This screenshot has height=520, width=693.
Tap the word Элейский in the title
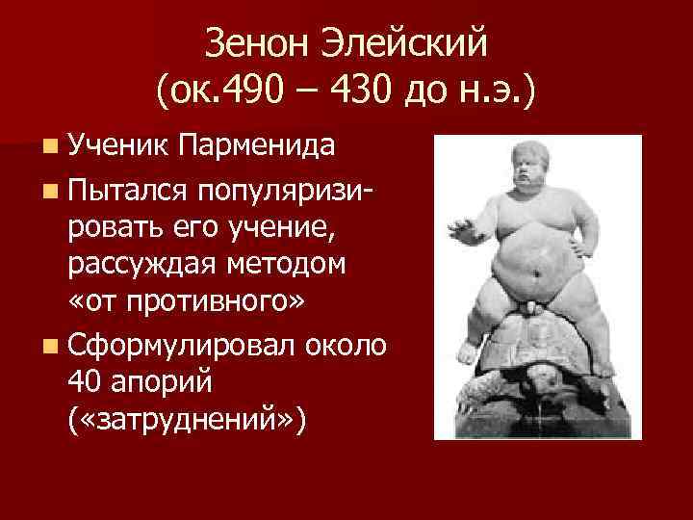[x=414, y=42]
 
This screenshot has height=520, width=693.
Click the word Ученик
[x=115, y=146]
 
